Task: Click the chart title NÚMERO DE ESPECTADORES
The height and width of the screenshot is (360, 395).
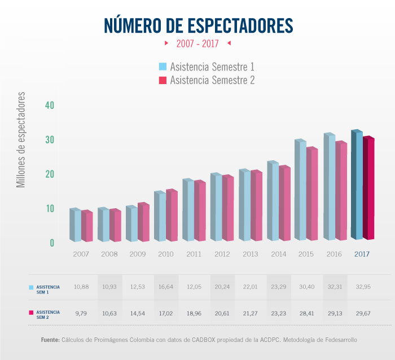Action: coord(198,25)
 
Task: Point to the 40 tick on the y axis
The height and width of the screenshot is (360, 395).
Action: coord(50,106)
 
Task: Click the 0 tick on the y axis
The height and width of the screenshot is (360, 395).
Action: coord(52,243)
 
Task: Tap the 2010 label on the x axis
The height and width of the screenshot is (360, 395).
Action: coord(166,254)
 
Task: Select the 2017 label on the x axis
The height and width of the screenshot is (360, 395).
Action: coord(362,254)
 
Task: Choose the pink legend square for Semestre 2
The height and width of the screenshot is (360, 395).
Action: coord(163,80)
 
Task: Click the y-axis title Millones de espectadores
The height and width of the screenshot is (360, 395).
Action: coord(21,139)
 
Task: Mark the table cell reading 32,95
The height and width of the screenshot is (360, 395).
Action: coord(362,287)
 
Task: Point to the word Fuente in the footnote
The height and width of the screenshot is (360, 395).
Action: coord(50,340)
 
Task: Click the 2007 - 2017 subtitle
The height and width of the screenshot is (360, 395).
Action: coord(197,43)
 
